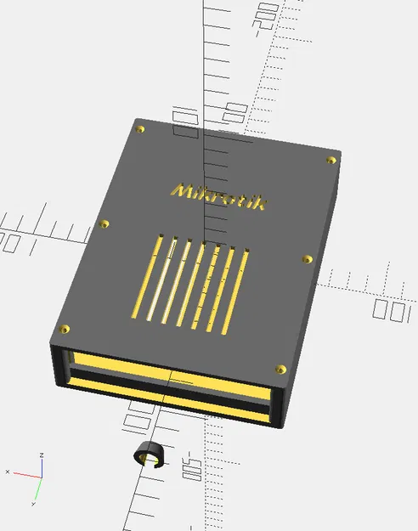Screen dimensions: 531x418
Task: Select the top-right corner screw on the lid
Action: [330, 159]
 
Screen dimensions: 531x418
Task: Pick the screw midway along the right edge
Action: [308, 258]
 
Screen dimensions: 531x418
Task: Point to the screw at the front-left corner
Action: [63, 328]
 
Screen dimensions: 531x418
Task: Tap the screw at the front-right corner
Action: [280, 369]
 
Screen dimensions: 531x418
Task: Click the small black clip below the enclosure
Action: [149, 454]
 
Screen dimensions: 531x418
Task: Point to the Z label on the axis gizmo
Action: [42, 455]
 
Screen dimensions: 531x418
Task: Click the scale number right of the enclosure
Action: [393, 310]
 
